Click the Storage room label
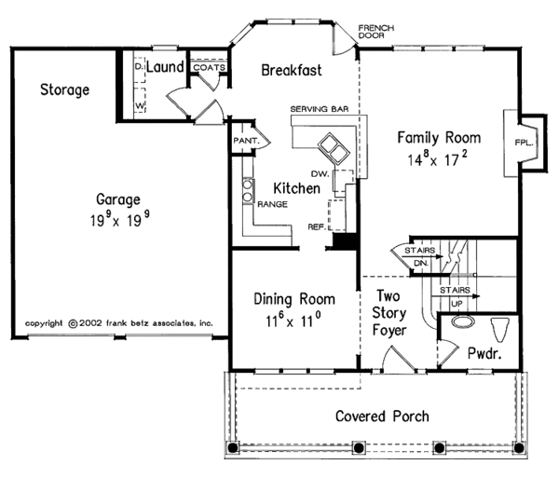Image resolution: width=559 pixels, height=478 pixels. point(64,89)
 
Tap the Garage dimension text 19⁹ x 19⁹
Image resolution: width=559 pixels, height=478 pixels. point(119,219)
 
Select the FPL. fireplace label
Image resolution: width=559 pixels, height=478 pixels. point(524,143)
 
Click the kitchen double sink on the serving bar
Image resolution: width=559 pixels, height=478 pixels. point(334,149)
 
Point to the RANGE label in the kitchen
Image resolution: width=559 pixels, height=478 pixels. point(272,204)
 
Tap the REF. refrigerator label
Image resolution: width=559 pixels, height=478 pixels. point(317,226)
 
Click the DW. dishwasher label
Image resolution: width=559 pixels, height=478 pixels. point(320,173)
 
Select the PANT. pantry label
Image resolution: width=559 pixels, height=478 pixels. point(246,141)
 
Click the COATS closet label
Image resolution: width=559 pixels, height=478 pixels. point(210,67)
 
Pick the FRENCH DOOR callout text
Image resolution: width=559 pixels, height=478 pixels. point(376,32)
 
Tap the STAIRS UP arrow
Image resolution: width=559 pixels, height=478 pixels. point(456,296)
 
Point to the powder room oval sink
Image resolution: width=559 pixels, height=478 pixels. point(463,321)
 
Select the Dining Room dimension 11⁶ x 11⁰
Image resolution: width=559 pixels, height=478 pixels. point(293,321)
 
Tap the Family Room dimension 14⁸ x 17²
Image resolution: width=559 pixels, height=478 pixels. point(438,158)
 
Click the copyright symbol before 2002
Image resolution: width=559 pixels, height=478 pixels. point(73,324)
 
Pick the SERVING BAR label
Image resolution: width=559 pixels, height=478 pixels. point(320,109)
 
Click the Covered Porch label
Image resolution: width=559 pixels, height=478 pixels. point(382,416)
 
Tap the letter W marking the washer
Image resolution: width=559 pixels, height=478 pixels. point(140,105)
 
